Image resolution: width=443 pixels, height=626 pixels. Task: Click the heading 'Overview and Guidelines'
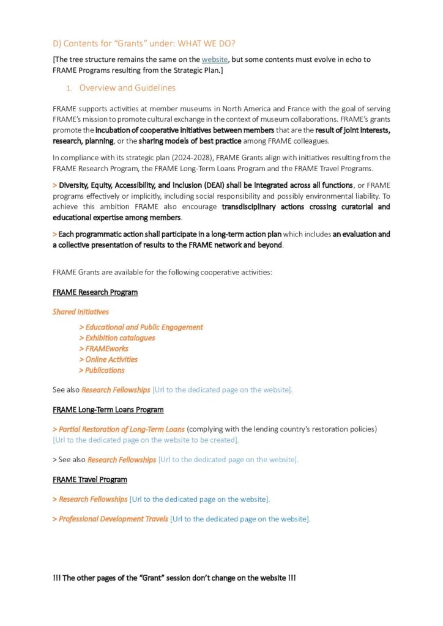pyautogui.click(x=127, y=87)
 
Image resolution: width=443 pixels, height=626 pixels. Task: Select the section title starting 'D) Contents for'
pyautogui.click(x=144, y=43)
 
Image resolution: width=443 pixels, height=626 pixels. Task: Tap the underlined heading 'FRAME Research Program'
pyautogui.click(x=95, y=292)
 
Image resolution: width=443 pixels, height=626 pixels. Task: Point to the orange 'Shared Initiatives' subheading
pyautogui.click(x=81, y=312)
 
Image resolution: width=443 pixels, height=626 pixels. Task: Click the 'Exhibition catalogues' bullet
pyautogui.click(x=120, y=338)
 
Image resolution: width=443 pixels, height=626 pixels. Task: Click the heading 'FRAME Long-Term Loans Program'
pyautogui.click(x=108, y=410)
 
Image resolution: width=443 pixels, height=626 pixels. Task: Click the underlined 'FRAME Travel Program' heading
pyautogui.click(x=90, y=479)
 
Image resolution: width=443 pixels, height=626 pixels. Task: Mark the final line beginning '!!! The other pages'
pyautogui.click(x=174, y=578)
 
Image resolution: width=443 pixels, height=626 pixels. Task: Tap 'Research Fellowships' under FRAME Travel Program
pyautogui.click(x=93, y=499)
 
